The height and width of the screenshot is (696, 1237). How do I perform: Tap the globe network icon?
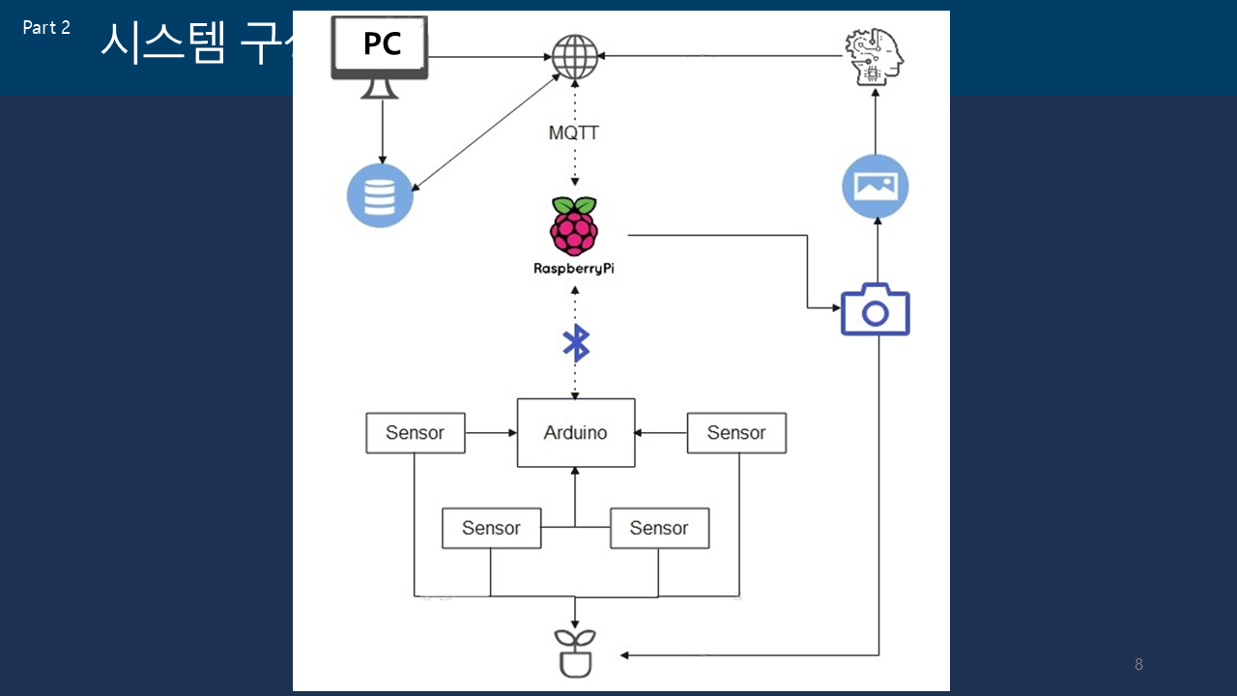pos(575,56)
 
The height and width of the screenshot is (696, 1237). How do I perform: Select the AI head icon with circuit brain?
pos(876,56)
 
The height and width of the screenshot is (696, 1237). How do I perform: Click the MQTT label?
pos(574,133)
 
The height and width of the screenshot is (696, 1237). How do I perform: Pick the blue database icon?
pos(381,194)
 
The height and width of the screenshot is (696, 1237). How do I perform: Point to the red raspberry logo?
pos(574,225)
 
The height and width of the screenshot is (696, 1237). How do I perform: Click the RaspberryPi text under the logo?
pos(574,269)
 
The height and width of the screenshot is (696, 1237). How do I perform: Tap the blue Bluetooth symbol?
pos(576,343)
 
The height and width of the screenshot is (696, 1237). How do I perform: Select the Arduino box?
pos(576,433)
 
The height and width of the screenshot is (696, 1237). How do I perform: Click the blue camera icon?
pos(876,309)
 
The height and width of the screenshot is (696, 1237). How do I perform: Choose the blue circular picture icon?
pos(876,185)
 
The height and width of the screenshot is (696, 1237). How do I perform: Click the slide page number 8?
pos(1138,665)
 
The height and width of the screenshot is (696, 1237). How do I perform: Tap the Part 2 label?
pos(46,28)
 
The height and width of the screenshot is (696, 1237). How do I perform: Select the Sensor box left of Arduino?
pos(416,433)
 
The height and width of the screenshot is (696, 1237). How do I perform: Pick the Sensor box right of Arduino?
pos(736,433)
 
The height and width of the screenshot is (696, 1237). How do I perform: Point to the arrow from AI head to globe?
pos(720,56)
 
